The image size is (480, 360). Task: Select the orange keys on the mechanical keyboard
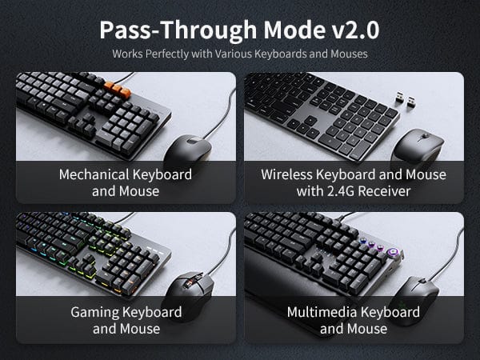(118, 90)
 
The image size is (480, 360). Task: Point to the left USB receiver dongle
(400, 97)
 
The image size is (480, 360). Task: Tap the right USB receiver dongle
(410, 102)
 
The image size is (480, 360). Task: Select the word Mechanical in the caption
(94, 174)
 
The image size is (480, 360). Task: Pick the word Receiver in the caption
(384, 191)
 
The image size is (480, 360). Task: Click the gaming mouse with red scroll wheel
(188, 294)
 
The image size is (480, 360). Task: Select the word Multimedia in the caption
(322, 312)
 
